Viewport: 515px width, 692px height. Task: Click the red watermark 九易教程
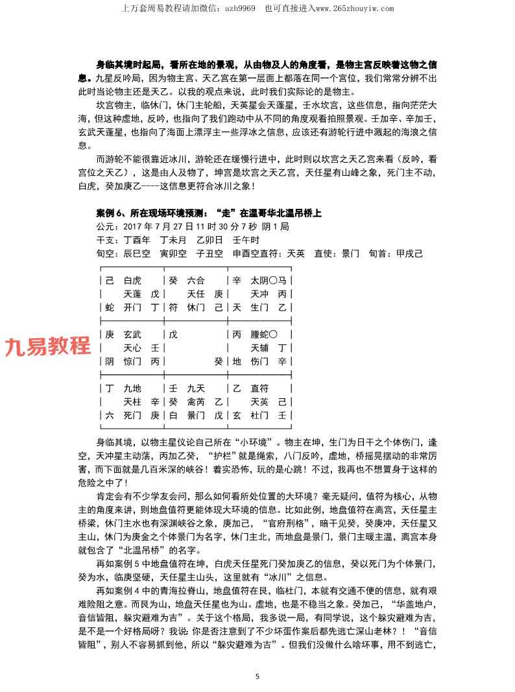(x=48, y=346)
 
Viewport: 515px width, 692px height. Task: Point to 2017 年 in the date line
(x=129, y=227)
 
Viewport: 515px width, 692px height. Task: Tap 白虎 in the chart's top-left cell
(x=132, y=281)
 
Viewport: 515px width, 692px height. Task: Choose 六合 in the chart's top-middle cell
(x=195, y=281)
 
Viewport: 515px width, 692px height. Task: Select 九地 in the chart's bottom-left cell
(x=132, y=388)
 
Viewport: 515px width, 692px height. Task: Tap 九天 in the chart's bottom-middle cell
(x=195, y=388)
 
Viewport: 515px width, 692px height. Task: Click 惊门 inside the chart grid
(x=132, y=362)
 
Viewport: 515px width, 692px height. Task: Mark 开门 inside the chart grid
(x=132, y=308)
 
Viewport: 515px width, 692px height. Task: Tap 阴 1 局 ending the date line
(x=270, y=227)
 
